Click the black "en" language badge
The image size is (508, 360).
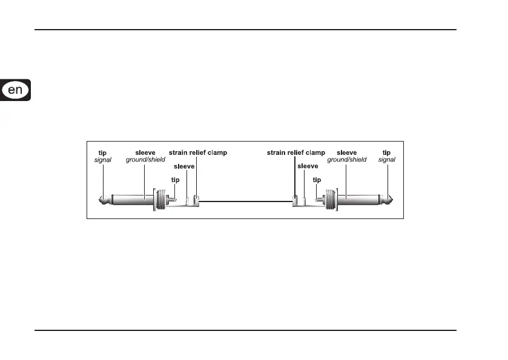coord(15,91)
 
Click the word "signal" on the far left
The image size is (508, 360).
coord(103,160)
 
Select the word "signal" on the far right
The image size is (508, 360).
coord(386,160)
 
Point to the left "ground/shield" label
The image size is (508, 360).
coord(145,160)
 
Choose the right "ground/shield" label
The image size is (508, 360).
coord(347,160)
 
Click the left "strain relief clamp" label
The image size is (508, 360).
coord(198,153)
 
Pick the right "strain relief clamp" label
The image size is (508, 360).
coord(296,153)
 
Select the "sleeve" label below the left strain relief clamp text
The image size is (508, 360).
coord(184,166)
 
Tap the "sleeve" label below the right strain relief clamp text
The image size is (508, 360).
coord(308,166)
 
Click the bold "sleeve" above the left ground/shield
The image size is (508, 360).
coord(145,153)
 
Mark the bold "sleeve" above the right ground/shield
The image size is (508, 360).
coord(347,153)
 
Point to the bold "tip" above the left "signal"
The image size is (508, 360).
coord(103,153)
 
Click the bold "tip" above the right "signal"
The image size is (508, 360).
coord(386,153)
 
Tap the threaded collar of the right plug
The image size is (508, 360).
coord(331,200)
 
